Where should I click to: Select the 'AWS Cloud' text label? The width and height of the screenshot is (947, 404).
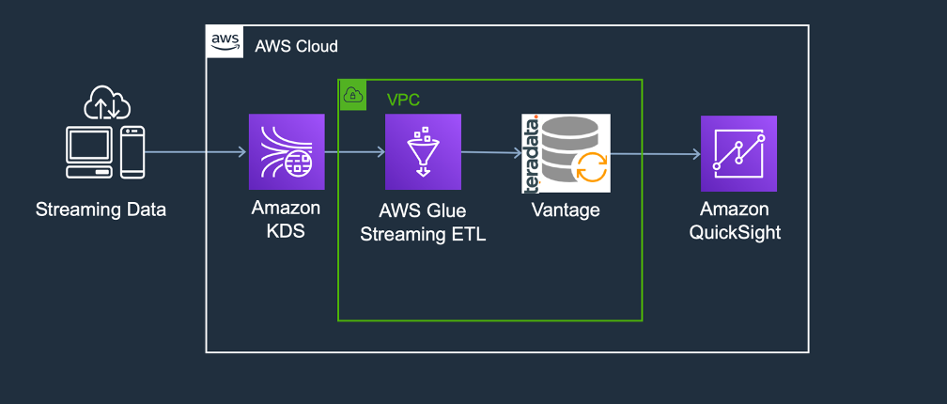click(x=296, y=46)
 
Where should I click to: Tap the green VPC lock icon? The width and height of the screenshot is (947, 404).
click(x=353, y=95)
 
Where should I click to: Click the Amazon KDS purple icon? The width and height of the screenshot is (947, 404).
click(x=287, y=152)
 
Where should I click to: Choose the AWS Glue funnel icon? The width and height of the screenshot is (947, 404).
click(x=423, y=152)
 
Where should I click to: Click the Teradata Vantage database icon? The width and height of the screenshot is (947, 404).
click(x=567, y=153)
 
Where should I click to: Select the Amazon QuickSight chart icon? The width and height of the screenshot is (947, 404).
click(x=738, y=153)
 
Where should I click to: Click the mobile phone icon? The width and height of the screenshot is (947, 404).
click(x=133, y=151)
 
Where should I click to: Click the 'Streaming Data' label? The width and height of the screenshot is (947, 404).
click(x=101, y=210)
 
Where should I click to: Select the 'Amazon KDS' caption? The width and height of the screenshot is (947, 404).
click(x=286, y=220)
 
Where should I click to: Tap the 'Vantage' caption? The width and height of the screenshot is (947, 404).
click(x=565, y=210)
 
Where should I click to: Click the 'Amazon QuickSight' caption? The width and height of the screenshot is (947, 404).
click(x=739, y=220)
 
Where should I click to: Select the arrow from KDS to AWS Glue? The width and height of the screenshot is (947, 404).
click(x=354, y=152)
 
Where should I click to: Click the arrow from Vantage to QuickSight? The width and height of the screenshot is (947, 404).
click(x=655, y=153)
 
